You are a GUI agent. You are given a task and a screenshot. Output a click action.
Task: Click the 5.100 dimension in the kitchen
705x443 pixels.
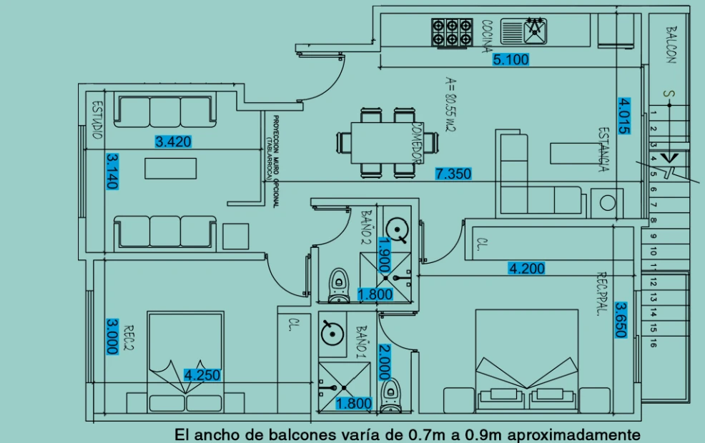pos(511,60)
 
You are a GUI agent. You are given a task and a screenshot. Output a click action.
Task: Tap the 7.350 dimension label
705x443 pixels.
pos(453,174)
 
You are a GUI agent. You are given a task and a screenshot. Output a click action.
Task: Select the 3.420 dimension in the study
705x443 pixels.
pos(173,141)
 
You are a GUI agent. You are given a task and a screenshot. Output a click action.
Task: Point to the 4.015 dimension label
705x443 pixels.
pos(624,114)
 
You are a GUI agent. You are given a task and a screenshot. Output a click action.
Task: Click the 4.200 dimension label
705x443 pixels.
pos(526,269)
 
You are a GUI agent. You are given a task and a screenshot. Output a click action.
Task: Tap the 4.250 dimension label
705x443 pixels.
pos(202,374)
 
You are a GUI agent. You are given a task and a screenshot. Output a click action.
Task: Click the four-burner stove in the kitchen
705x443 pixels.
pos(452,31)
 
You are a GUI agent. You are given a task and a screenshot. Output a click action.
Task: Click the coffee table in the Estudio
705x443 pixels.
pos(170,168)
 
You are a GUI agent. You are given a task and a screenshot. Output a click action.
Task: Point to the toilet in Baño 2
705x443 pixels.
pos(337,284)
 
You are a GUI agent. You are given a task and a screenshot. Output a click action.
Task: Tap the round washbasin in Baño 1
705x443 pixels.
pos(330,332)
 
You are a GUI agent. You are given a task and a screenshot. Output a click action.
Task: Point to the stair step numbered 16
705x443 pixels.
pos(654,344)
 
